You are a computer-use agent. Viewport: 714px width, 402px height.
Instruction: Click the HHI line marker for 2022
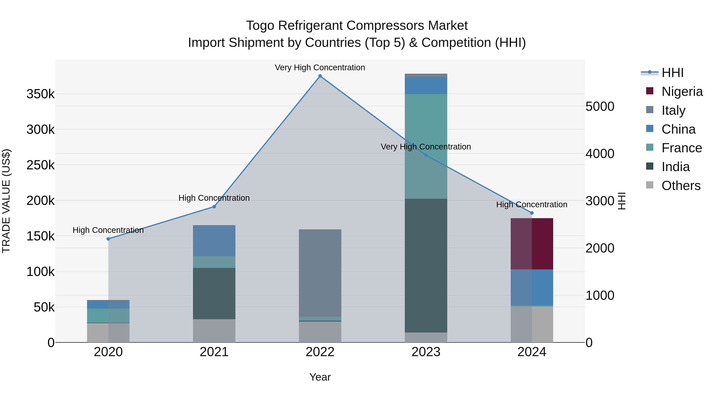pyautogui.click(x=320, y=76)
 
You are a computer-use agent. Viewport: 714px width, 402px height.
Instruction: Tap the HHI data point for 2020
pyautogui.click(x=108, y=239)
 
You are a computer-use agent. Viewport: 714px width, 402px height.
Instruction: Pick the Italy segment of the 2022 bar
pyautogui.click(x=320, y=273)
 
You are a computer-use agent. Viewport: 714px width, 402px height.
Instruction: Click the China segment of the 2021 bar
pyautogui.click(x=214, y=241)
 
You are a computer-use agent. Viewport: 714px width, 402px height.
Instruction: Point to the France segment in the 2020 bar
pyautogui.click(x=108, y=315)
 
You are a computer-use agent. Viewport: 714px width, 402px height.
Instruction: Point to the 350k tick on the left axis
pyautogui.click(x=40, y=94)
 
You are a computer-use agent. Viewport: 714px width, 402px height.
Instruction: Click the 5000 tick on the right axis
pyautogui.click(x=600, y=107)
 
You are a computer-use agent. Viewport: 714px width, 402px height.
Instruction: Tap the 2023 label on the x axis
pyautogui.click(x=426, y=352)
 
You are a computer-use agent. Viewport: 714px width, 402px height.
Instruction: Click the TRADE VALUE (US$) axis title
pyautogui.click(x=6, y=201)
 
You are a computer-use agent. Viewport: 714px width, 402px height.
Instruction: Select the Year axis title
pyautogui.click(x=320, y=377)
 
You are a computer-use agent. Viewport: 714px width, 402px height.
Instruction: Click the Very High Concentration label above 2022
pyautogui.click(x=320, y=67)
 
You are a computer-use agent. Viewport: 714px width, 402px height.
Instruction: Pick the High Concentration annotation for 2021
pyautogui.click(x=214, y=198)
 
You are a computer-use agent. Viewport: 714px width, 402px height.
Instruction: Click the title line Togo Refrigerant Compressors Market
pyautogui.click(x=357, y=26)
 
